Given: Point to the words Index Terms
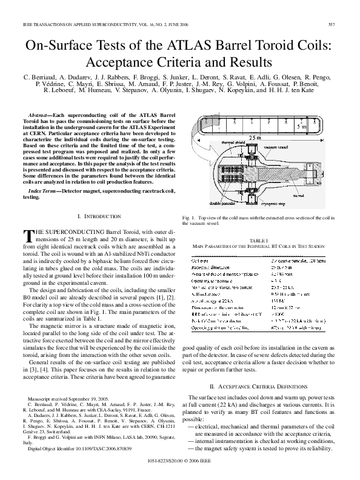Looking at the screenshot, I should point(43,190).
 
